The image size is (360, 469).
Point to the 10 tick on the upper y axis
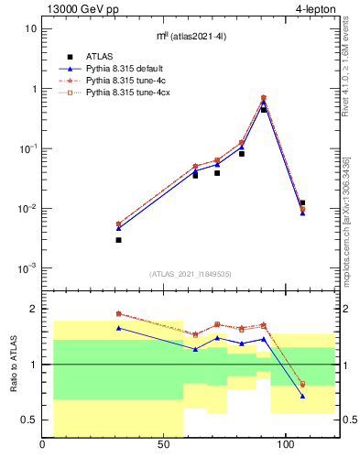pyautogui.click(x=30, y=28)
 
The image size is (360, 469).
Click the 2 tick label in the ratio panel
pyautogui.click(x=34, y=309)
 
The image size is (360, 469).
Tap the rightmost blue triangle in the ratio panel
pyautogui.click(x=302, y=396)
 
